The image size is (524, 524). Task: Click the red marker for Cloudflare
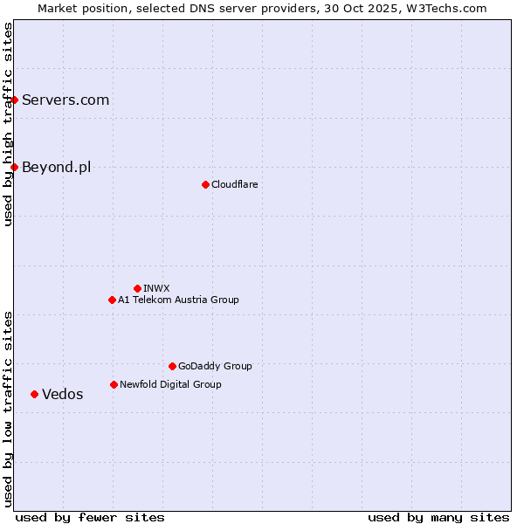click(205, 184)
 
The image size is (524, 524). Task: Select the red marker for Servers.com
click(14, 100)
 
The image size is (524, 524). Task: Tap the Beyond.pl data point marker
click(14, 167)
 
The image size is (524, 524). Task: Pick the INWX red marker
click(137, 288)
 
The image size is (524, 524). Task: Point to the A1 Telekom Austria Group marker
click(112, 300)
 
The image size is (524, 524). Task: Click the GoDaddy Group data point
click(172, 366)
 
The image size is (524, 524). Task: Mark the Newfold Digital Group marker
click(114, 384)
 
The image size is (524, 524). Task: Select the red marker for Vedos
click(34, 394)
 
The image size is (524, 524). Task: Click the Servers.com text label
click(65, 100)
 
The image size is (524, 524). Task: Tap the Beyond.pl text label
click(56, 167)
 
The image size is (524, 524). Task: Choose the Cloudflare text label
click(234, 184)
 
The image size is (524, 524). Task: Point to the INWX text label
click(156, 288)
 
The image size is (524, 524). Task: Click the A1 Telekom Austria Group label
click(178, 300)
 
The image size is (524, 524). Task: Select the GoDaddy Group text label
click(215, 366)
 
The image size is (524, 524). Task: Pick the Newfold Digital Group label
click(170, 384)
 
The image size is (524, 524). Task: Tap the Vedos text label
click(63, 394)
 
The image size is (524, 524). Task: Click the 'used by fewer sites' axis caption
click(90, 517)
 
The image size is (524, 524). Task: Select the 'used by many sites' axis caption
click(438, 517)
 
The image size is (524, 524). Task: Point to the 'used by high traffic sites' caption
click(8, 124)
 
